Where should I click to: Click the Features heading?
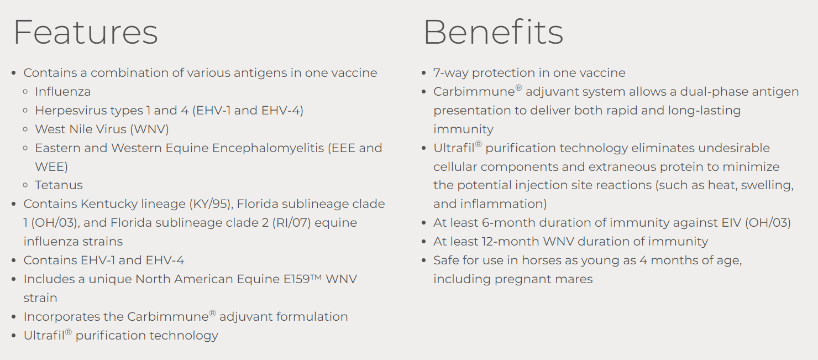tap(86, 32)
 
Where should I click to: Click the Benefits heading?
tap(494, 32)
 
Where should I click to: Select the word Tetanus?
tap(59, 185)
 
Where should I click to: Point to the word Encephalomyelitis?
tap(268, 148)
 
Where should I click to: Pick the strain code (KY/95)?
tap(211, 204)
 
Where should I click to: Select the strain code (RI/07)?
tap(291, 222)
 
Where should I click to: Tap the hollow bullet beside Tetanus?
tap(25, 185)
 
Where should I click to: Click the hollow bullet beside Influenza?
tap(25, 92)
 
